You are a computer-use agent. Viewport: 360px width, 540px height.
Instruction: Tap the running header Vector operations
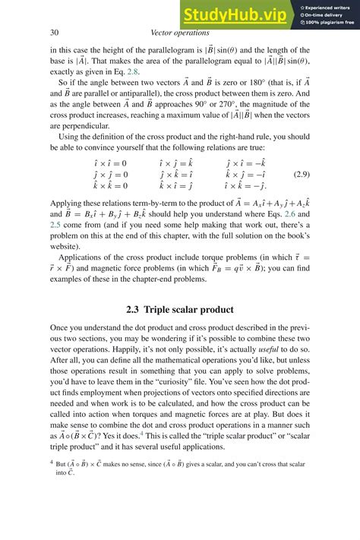180,33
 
